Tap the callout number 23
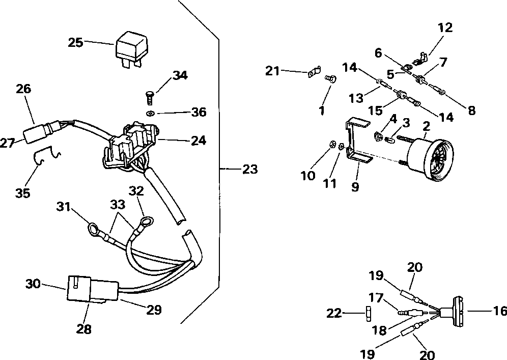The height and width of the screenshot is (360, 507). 250,169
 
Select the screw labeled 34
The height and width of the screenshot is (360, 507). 149,97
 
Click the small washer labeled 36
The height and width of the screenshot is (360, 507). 149,114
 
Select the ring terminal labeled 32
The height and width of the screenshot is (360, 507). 146,223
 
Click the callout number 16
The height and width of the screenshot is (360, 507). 500,311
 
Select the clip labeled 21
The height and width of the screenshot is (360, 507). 314,72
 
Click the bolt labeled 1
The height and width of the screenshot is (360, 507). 330,78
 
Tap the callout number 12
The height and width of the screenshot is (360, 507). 445,27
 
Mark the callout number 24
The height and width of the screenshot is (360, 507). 198,141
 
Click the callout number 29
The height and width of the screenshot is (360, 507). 154,310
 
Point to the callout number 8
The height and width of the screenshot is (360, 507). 472,110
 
